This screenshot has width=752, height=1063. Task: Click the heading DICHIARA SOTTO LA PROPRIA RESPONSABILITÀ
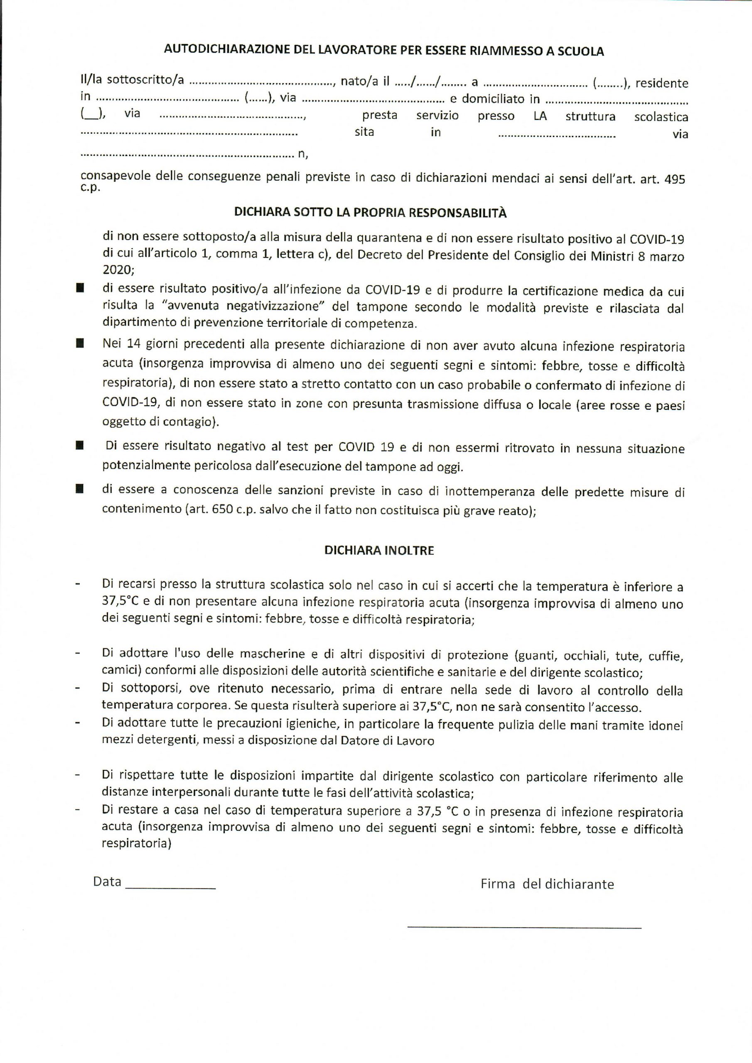370,213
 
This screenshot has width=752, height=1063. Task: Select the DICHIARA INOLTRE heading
379,551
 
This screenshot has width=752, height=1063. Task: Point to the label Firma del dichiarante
547,884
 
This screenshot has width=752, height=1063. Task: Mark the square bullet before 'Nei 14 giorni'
81,343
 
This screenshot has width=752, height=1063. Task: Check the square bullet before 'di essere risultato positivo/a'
81,289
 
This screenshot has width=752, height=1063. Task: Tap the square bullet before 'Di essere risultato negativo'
81,446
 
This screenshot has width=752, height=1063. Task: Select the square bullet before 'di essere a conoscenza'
81,489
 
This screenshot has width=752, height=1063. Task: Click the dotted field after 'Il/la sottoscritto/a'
262,83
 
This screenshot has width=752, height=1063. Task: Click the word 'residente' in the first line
662,83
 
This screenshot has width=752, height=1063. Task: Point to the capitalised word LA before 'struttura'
540,116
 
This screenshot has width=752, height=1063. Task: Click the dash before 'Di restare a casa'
77,811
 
